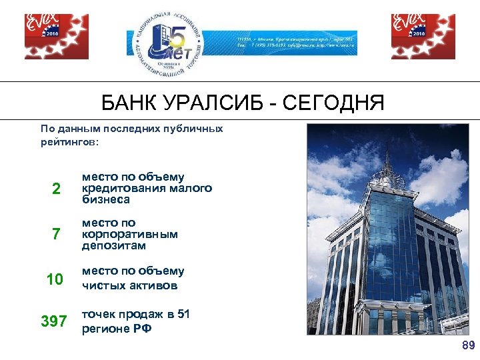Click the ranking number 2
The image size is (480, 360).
point(57,189)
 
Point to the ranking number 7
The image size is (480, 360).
point(56,235)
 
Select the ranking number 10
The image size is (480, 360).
point(54,279)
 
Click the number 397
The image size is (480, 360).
point(54,322)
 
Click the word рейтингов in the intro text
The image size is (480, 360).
point(67,142)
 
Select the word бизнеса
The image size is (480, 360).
point(106,199)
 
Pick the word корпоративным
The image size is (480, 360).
point(130,234)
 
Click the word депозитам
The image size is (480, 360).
point(113,245)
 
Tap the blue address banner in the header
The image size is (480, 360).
point(297,43)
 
